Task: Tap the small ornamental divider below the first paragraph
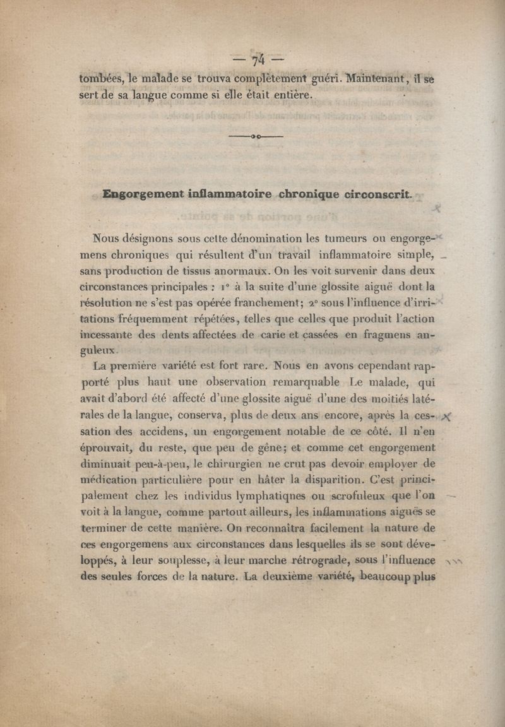pos(256,136)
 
